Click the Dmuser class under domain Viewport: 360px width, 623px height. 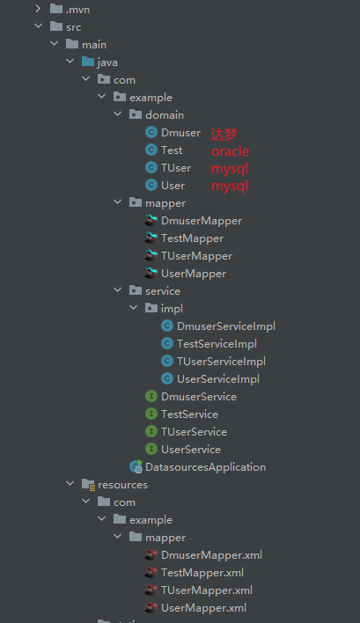[180, 133]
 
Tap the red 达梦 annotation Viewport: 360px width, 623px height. [224, 135]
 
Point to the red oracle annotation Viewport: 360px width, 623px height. [230, 151]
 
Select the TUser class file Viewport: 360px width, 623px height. [176, 168]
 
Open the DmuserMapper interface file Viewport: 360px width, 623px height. [202, 221]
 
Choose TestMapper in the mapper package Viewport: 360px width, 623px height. [192, 238]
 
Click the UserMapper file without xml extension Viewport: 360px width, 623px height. [194, 274]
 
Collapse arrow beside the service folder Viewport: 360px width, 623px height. [118, 290]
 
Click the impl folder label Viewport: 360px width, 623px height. [172, 309]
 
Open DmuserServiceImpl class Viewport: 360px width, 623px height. [226, 326]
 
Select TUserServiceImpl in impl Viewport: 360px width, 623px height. [221, 362]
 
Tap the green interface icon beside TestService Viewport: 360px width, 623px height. [151, 414]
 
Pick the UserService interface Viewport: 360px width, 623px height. [191, 450]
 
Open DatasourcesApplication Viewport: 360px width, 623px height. [205, 467]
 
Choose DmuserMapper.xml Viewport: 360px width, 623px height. [211, 555]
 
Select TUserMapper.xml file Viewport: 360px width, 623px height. [207, 590]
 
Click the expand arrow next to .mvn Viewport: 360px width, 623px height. [38, 8]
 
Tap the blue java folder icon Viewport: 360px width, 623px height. [88, 62]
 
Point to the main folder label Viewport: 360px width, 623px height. [94, 45]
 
